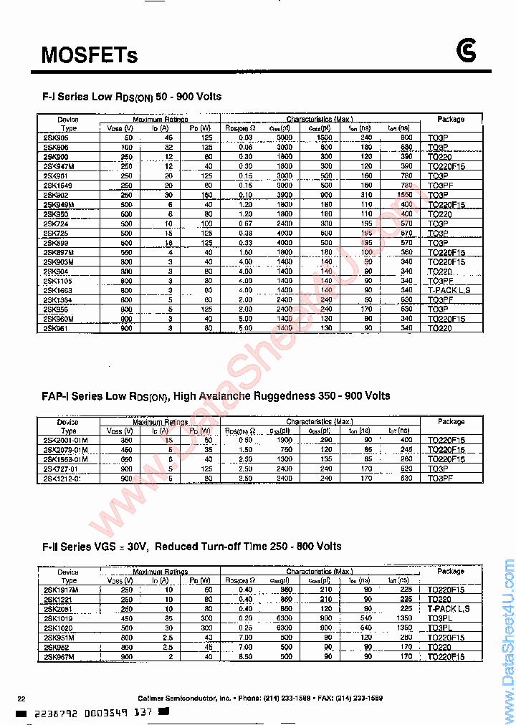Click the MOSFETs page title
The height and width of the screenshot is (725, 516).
coord(89,54)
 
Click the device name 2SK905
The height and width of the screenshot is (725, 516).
coord(57,138)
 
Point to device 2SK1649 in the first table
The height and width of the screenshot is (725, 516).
coord(59,185)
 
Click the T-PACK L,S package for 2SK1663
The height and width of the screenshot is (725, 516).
coord(450,290)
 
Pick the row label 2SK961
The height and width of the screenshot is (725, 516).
coord(57,328)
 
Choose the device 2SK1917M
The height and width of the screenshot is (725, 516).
coord(61,589)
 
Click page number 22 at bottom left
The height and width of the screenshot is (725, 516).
coord(21,698)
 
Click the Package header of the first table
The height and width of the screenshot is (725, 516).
coord(450,119)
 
